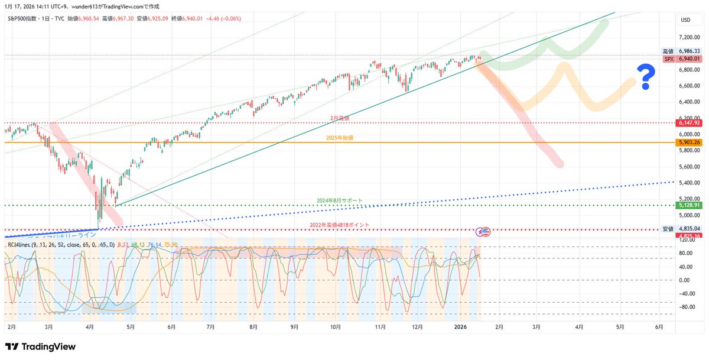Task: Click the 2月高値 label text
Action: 340,118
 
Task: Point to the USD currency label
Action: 685,20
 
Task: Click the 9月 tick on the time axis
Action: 294,326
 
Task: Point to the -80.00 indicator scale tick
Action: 686,307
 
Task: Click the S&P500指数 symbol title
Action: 26,19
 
